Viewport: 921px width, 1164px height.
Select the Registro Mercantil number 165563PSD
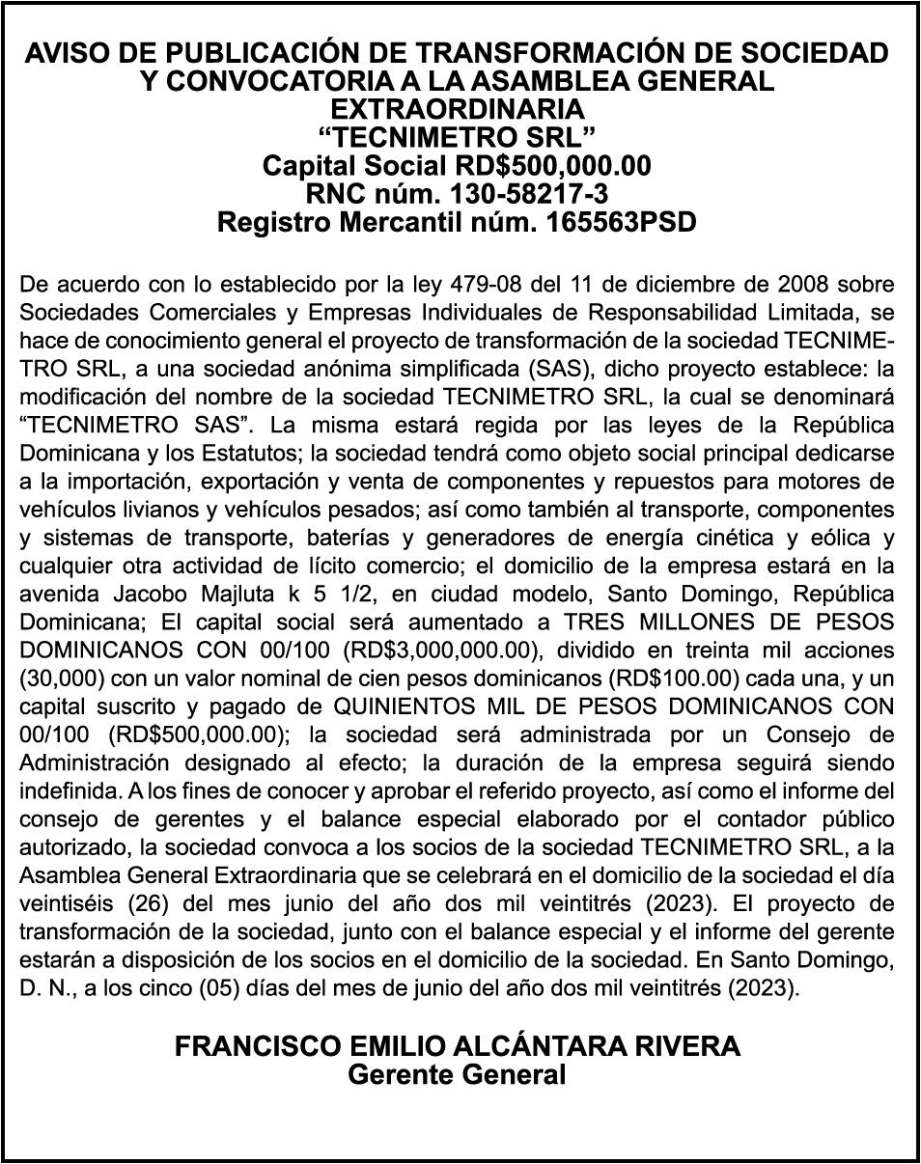point(621,223)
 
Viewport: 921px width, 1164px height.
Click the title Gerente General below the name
point(457,1074)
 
